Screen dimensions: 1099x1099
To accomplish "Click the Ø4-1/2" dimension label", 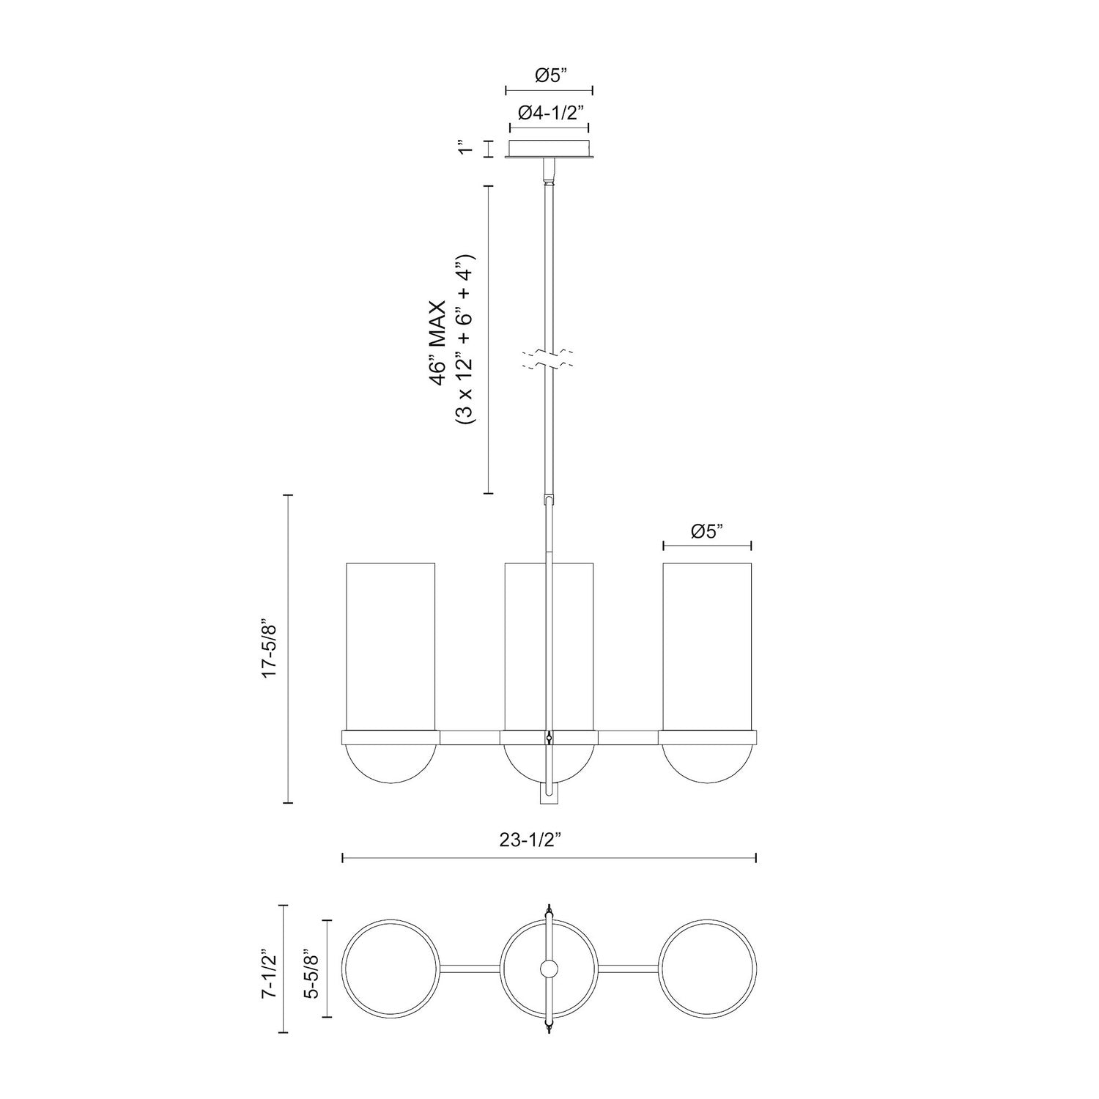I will (549, 113).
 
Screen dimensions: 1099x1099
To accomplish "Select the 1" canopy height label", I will (462, 149).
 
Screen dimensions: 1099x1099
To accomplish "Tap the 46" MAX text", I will (438, 341).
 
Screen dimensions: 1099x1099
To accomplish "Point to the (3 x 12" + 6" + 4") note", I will (465, 341).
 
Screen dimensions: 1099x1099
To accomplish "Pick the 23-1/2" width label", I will (549, 842).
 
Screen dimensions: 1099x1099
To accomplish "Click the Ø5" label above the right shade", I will (707, 532).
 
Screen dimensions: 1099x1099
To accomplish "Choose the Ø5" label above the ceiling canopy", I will (549, 75).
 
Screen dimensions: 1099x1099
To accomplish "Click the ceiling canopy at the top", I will (549, 149).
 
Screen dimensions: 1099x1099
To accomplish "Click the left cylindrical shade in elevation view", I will (391, 645).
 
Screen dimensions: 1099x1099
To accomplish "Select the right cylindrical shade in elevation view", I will (707, 645).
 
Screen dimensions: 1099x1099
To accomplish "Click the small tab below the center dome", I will (549, 795).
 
